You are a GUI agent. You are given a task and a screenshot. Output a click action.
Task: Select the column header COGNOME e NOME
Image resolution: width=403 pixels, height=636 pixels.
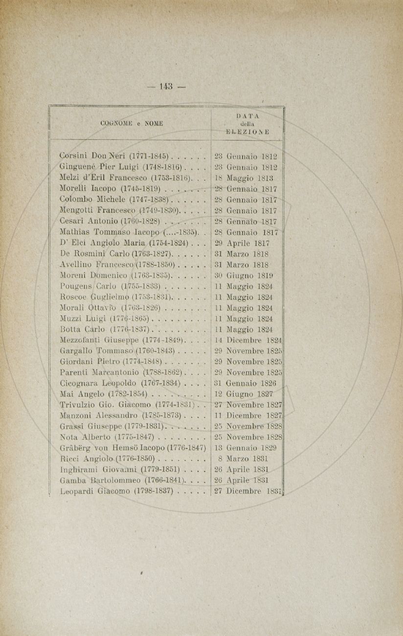[x=131, y=124]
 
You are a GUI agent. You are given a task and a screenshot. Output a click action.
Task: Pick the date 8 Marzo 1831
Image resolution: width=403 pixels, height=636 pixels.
[x=242, y=459]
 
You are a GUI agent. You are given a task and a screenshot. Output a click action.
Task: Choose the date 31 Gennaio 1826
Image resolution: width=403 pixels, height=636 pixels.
[x=246, y=383]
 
